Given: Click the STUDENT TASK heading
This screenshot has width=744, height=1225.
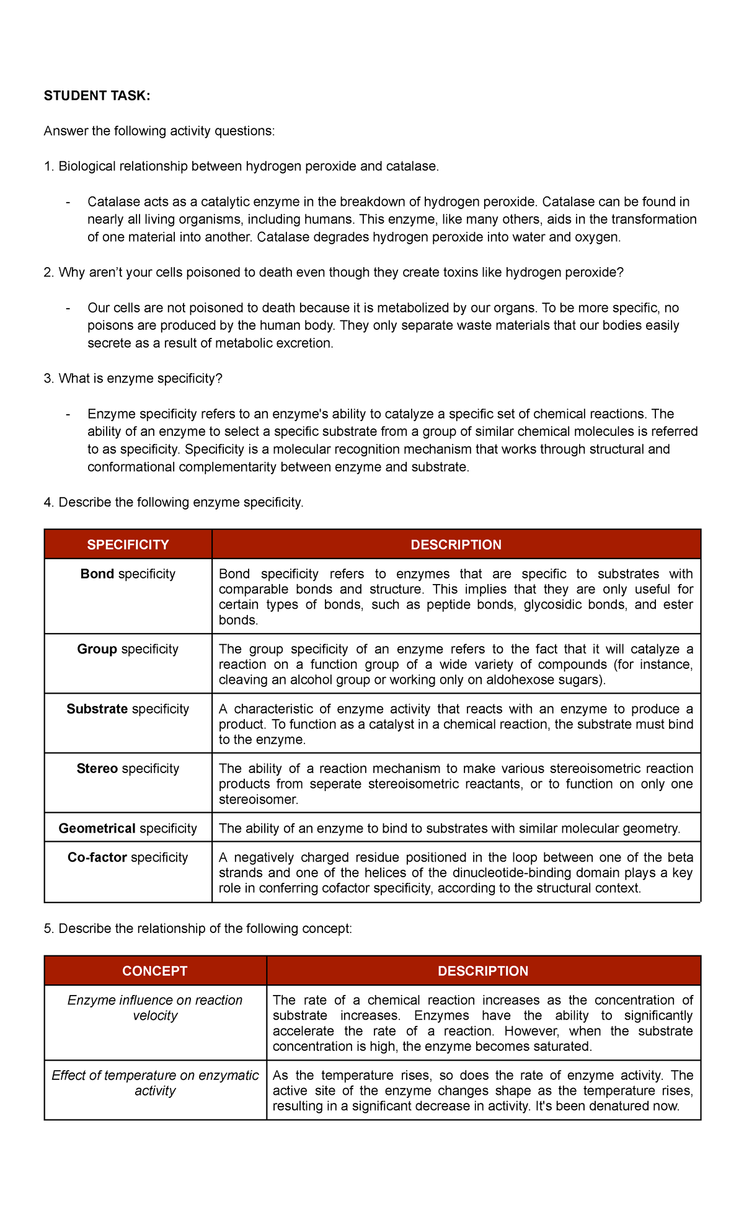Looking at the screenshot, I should (x=97, y=95).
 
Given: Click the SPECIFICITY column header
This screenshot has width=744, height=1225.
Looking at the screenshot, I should (x=128, y=544).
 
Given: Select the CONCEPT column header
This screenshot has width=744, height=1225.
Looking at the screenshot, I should (x=155, y=971).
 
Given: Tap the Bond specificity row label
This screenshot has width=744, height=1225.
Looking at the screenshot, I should (x=128, y=574).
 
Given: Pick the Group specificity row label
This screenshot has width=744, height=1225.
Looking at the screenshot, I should (x=128, y=649).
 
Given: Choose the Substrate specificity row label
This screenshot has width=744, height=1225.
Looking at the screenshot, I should (x=128, y=709).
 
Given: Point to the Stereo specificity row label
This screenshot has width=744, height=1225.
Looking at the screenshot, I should (x=128, y=769).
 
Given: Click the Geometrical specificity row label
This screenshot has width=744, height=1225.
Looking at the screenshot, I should (x=128, y=828).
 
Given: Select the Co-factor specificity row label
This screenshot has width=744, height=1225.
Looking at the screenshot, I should (x=128, y=857).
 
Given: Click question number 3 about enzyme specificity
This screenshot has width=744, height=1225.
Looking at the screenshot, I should (x=133, y=378).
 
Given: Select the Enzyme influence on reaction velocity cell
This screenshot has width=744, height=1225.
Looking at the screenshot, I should (x=155, y=1008).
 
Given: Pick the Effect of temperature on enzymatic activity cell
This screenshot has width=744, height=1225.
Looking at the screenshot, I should (x=155, y=1083).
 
